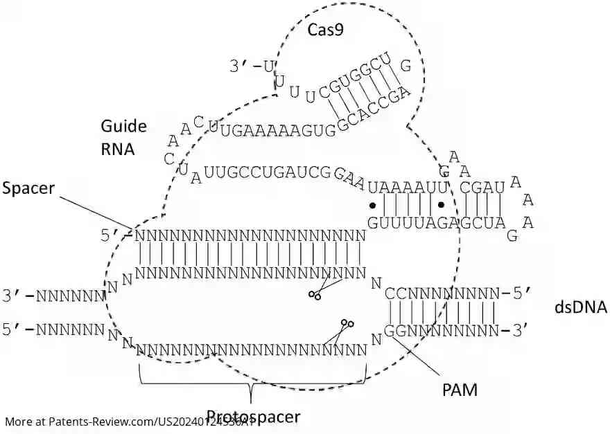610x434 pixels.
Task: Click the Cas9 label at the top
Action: point(326,29)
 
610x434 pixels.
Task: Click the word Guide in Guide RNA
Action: point(124,126)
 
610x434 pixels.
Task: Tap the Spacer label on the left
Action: point(28,188)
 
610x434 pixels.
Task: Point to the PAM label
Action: point(460,390)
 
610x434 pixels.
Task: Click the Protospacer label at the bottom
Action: point(253,417)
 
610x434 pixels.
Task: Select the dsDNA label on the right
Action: point(581,307)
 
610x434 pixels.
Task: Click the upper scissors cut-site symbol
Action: point(315,296)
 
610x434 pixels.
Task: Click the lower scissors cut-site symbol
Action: point(347,323)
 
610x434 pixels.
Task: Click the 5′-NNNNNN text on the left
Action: point(53,329)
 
